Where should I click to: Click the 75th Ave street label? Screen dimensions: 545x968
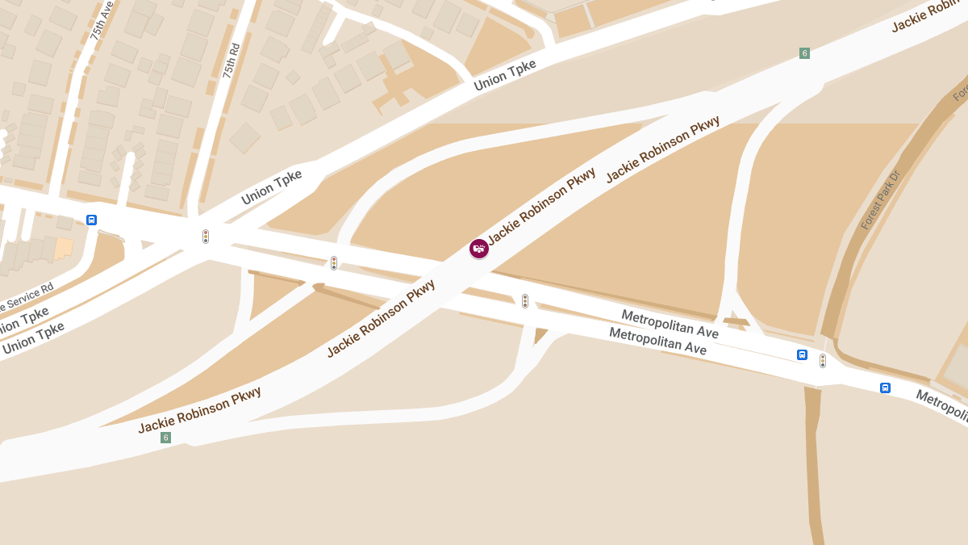tap(102, 20)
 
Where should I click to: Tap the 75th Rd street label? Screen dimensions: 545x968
tap(232, 60)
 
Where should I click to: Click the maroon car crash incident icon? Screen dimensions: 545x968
tap(479, 249)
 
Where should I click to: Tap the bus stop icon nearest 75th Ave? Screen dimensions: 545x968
tap(91, 220)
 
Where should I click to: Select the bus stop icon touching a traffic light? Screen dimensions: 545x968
tap(802, 354)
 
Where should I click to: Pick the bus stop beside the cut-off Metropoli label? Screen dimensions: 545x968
tap(885, 388)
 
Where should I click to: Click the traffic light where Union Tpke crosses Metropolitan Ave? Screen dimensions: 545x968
tap(206, 237)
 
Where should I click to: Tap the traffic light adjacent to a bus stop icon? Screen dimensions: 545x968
tap(823, 361)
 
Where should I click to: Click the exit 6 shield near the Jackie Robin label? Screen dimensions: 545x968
tap(804, 53)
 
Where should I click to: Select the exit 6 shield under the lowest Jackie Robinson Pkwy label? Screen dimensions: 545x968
tap(165, 438)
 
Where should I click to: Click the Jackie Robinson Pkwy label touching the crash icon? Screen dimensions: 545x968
tap(541, 206)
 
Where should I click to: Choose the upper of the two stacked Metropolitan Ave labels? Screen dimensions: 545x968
tap(670, 323)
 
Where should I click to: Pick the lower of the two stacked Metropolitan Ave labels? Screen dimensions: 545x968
tap(657, 341)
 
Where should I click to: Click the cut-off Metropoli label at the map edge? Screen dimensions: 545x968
tap(941, 406)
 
